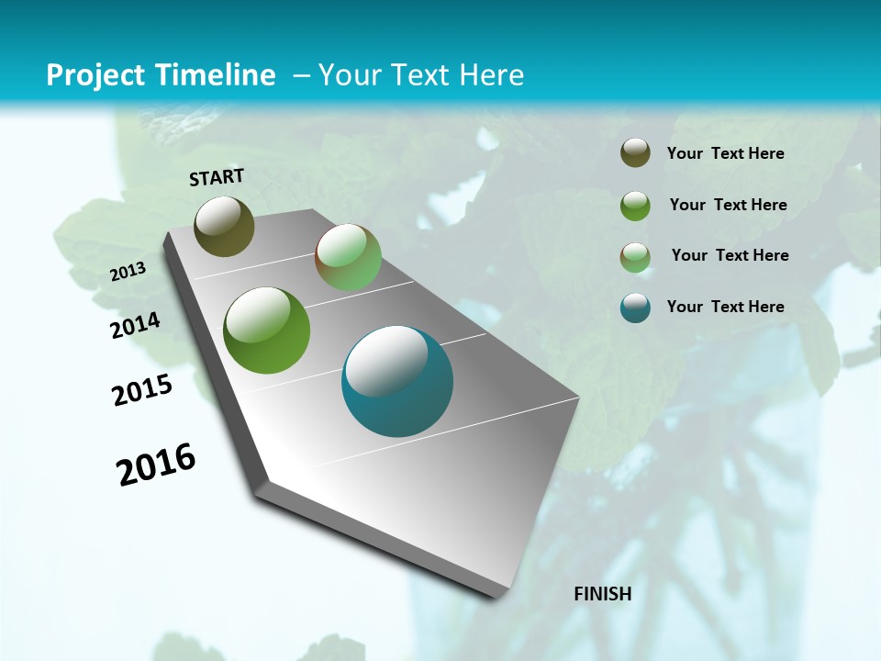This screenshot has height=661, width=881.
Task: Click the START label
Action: [217, 177]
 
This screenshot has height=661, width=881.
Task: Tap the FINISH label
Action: [603, 593]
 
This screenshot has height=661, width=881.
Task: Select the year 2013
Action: [128, 271]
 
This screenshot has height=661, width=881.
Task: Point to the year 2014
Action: [136, 326]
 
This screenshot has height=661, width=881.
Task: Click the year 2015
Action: [142, 390]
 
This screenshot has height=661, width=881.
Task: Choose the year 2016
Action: [156, 465]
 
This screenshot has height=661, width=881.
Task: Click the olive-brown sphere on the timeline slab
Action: [225, 226]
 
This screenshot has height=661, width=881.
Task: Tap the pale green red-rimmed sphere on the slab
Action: [348, 257]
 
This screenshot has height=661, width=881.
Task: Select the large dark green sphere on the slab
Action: [267, 330]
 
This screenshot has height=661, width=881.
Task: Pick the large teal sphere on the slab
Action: [397, 381]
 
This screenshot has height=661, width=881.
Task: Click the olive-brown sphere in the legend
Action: [635, 153]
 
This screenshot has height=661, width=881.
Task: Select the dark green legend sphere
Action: [635, 205]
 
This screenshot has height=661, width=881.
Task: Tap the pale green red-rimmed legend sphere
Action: [635, 256]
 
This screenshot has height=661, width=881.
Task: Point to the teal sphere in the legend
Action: [635, 308]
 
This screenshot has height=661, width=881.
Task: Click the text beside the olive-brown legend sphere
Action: [725, 153]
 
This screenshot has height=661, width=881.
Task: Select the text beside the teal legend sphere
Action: [725, 307]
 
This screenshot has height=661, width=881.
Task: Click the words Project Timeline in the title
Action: [161, 75]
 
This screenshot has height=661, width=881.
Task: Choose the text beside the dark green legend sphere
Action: [728, 205]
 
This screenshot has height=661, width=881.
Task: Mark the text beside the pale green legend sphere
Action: [730, 255]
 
